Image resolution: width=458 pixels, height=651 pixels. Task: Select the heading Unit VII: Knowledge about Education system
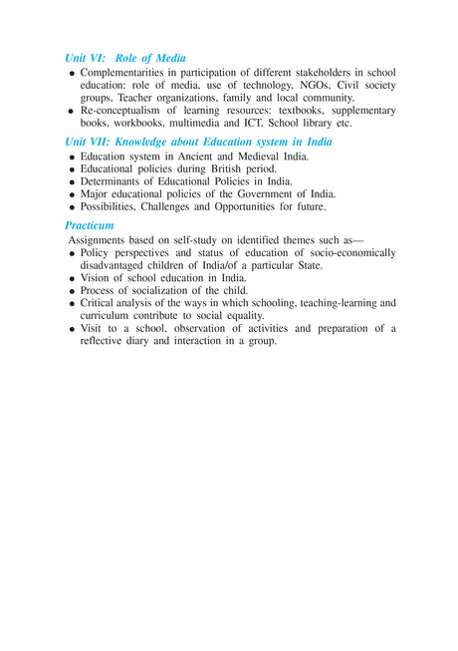coord(198,143)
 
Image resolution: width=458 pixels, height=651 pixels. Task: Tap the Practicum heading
coord(89,225)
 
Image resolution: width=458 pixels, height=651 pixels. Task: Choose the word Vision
coord(98,278)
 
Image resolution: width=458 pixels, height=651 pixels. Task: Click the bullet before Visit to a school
coord(72,328)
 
